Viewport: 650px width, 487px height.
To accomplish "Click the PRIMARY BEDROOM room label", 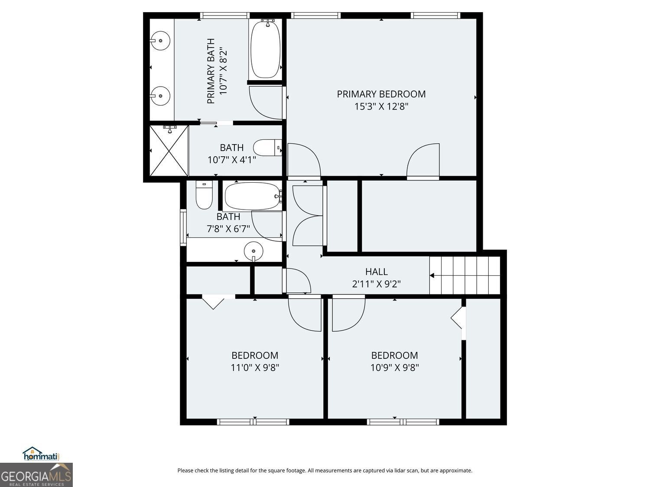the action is coord(381,94).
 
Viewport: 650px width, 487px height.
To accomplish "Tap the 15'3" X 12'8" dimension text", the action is coord(381,106).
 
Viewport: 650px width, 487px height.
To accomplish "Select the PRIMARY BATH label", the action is coord(211,71).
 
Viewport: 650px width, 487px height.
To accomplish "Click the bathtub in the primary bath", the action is coord(265,49).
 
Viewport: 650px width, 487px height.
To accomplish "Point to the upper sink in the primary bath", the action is coord(160,40).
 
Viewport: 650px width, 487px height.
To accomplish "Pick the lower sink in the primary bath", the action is coord(160,96).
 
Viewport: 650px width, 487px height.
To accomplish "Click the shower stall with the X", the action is coord(169,151).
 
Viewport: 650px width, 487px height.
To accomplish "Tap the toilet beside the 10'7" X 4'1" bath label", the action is coord(267,148).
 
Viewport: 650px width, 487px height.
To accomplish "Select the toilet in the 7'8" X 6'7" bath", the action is coord(204,195).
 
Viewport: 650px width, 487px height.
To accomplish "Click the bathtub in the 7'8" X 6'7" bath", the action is coord(253,196).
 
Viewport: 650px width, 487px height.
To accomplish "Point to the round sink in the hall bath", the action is coord(253,251).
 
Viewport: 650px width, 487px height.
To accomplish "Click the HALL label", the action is coord(376,271).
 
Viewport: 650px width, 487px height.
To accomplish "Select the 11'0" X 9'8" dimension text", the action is coord(255,368).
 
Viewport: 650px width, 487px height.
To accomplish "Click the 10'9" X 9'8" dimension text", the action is coord(394,368).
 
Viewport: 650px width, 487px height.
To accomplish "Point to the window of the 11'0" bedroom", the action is coord(253,422).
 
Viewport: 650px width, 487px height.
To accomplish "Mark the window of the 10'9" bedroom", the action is coord(403,422).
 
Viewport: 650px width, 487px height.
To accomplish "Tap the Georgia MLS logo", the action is coord(36,474).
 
